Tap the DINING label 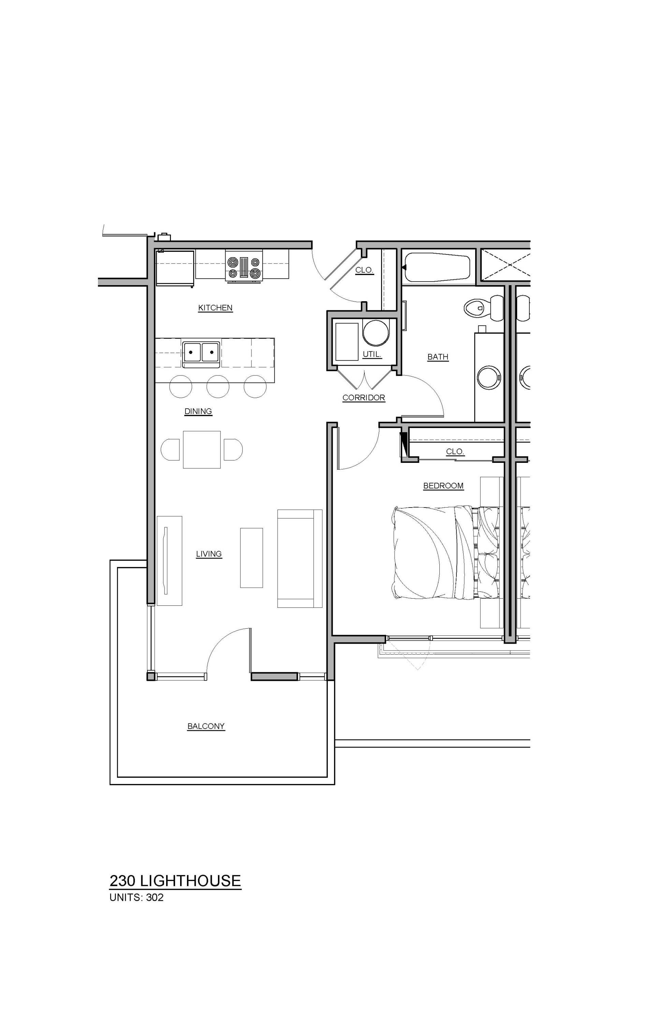(198, 411)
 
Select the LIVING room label (209, 554)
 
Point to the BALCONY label (206, 726)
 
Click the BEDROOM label (443, 486)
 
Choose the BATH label (438, 357)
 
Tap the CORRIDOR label (364, 398)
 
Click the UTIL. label (372, 354)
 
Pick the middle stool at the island (218, 386)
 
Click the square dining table (202, 450)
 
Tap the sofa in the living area (300, 558)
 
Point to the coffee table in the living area (251, 557)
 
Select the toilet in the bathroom (483, 307)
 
